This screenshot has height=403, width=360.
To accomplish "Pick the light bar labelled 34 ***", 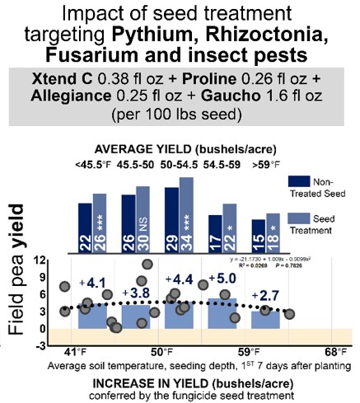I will [x=188, y=213].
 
